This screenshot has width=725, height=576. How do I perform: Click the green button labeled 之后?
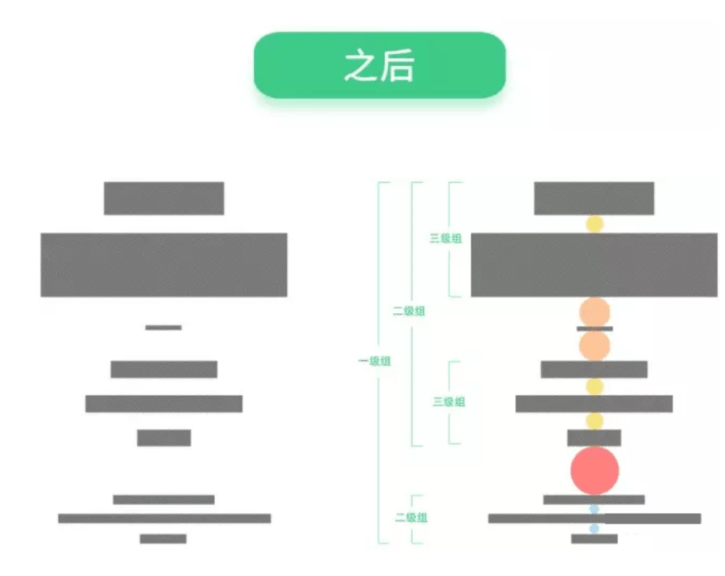point(379,65)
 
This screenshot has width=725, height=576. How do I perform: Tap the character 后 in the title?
point(398,67)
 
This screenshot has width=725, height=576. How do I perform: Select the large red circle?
point(594,469)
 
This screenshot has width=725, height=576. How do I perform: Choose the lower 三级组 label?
point(449,402)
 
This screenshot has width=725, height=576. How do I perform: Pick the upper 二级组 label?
point(409,311)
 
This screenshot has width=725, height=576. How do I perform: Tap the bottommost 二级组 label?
point(411,517)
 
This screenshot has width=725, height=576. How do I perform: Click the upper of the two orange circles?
point(594,312)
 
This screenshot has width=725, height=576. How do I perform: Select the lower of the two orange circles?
point(594,345)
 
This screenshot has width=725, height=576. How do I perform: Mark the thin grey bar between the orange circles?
point(594,328)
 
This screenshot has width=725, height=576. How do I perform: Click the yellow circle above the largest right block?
point(594,223)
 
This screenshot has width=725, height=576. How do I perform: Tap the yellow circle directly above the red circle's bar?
point(594,420)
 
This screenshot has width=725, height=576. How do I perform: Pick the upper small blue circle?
point(594,508)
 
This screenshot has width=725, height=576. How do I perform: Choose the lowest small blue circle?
point(594,528)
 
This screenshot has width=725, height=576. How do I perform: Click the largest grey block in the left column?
point(164,264)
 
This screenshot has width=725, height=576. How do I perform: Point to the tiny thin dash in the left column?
point(163,327)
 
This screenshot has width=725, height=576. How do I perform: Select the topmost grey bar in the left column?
point(163,198)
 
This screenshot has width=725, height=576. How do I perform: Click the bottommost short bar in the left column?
point(163,539)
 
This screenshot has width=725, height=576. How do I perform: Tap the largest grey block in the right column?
point(594,264)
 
